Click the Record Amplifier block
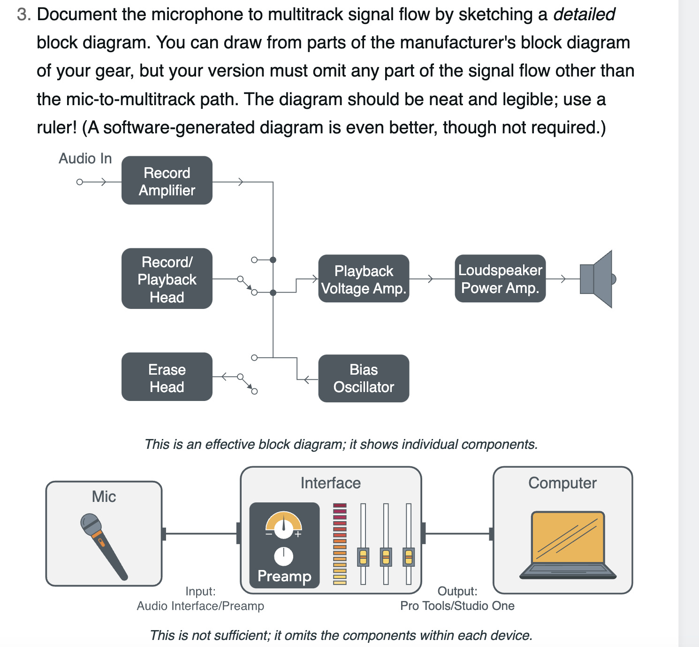(167, 181)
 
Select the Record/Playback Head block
(167, 279)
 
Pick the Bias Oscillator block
(364, 378)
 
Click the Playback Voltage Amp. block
(364, 279)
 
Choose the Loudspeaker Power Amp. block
(500, 279)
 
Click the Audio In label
(85, 159)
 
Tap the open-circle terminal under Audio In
(80, 182)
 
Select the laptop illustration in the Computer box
(568, 545)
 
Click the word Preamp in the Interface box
(284, 576)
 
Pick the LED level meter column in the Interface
(340, 544)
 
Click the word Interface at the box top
(330, 483)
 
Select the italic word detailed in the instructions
(584, 15)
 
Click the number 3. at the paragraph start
(24, 15)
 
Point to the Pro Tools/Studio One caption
(457, 606)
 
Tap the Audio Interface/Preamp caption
(200, 606)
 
